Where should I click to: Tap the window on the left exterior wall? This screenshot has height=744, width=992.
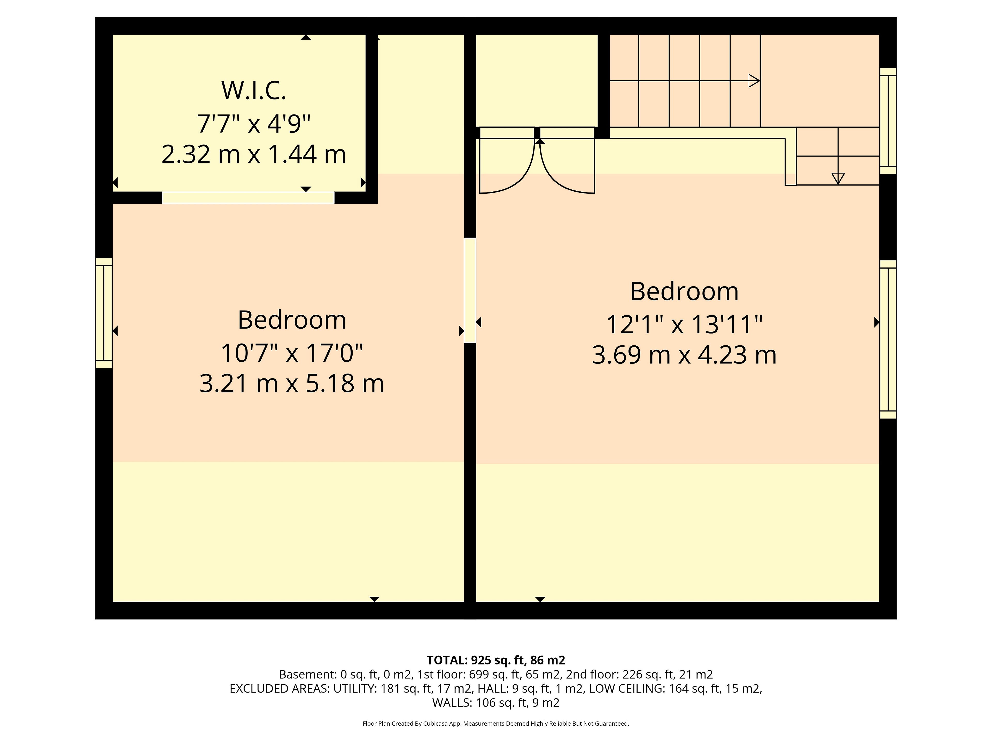click(x=104, y=313)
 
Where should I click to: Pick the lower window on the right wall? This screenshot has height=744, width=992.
click(x=888, y=339)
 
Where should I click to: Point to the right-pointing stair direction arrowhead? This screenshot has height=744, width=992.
click(x=754, y=81)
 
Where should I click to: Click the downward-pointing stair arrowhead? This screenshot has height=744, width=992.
click(x=838, y=179)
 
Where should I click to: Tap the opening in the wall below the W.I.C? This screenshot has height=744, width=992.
click(x=248, y=198)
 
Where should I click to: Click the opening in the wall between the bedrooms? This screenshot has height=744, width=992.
click(x=470, y=291)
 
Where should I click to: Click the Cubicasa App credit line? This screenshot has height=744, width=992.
click(x=495, y=723)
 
